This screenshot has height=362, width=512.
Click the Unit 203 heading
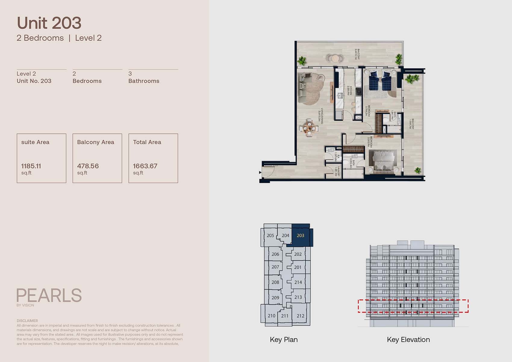(x=49, y=23)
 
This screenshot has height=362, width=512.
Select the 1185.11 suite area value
(x=31, y=166)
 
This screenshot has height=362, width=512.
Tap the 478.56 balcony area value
(x=88, y=166)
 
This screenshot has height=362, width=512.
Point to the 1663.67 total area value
(x=145, y=166)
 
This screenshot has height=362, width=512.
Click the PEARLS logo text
(x=49, y=295)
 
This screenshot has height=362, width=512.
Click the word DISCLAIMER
(x=27, y=321)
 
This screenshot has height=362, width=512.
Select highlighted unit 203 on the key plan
(x=300, y=236)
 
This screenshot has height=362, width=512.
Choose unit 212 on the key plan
(x=300, y=316)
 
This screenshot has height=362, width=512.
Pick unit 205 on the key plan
(x=270, y=236)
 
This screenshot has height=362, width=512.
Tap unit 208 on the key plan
(x=275, y=282)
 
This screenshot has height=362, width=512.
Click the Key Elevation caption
(x=408, y=340)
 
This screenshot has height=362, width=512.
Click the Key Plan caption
(x=284, y=340)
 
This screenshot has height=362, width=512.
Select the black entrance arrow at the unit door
(x=260, y=173)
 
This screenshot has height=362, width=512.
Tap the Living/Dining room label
(x=321, y=116)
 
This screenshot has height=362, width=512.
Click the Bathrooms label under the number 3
(x=144, y=81)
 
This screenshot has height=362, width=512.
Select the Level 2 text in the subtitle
(x=88, y=38)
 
